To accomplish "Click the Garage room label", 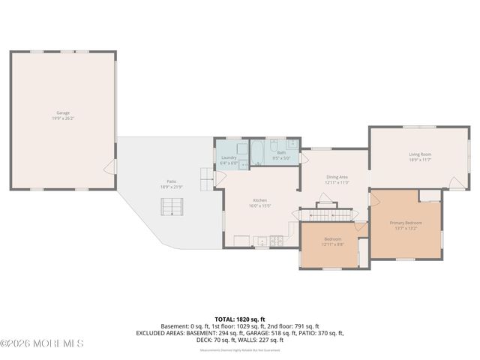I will pos(62,115).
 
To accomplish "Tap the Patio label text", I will pos(171,183).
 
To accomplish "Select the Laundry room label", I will pos(229,159).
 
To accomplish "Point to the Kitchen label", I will pos(259,202).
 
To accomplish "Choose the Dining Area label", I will pos(336,179).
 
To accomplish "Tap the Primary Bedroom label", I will pos(406,225).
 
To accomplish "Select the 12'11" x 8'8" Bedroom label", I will pos(332,241).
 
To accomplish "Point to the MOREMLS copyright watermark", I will pos(42,343).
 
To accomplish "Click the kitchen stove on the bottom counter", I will pos(276,241).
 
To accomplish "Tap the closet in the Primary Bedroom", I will pos(430,196).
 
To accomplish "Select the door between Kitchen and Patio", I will pos(219,178).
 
